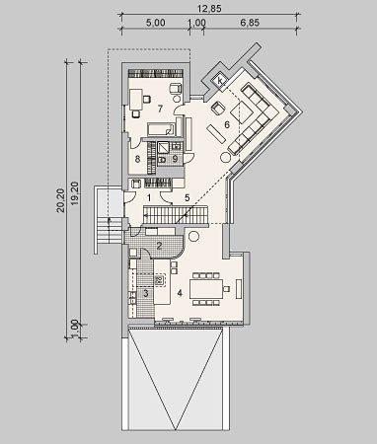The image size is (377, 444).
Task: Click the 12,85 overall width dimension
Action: [x=209, y=9]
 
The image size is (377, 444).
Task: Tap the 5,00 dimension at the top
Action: [x=155, y=23]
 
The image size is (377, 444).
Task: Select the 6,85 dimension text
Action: [x=250, y=23]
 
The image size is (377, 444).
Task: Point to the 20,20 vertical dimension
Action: [x=61, y=200]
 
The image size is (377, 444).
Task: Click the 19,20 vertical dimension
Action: [x=75, y=194]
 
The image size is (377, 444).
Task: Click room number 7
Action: [x=160, y=109]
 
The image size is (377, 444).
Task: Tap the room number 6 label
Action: [x=227, y=124]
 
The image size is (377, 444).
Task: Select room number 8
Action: [x=137, y=159]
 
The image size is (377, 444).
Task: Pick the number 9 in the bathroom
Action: [x=175, y=159]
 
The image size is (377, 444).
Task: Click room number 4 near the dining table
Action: [x=180, y=293]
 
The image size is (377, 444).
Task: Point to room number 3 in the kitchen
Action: [x=146, y=293]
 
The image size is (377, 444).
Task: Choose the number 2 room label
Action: [x=159, y=246]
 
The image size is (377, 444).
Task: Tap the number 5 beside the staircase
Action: [x=188, y=197]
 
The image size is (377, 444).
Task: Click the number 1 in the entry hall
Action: [x=149, y=198]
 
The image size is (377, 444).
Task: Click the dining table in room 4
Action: [x=206, y=289]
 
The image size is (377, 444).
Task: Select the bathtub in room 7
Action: [x=161, y=129]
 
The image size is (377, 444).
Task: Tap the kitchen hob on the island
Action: [x=159, y=280]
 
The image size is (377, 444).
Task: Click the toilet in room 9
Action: [x=162, y=160]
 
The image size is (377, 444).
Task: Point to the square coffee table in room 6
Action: [x=242, y=112]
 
